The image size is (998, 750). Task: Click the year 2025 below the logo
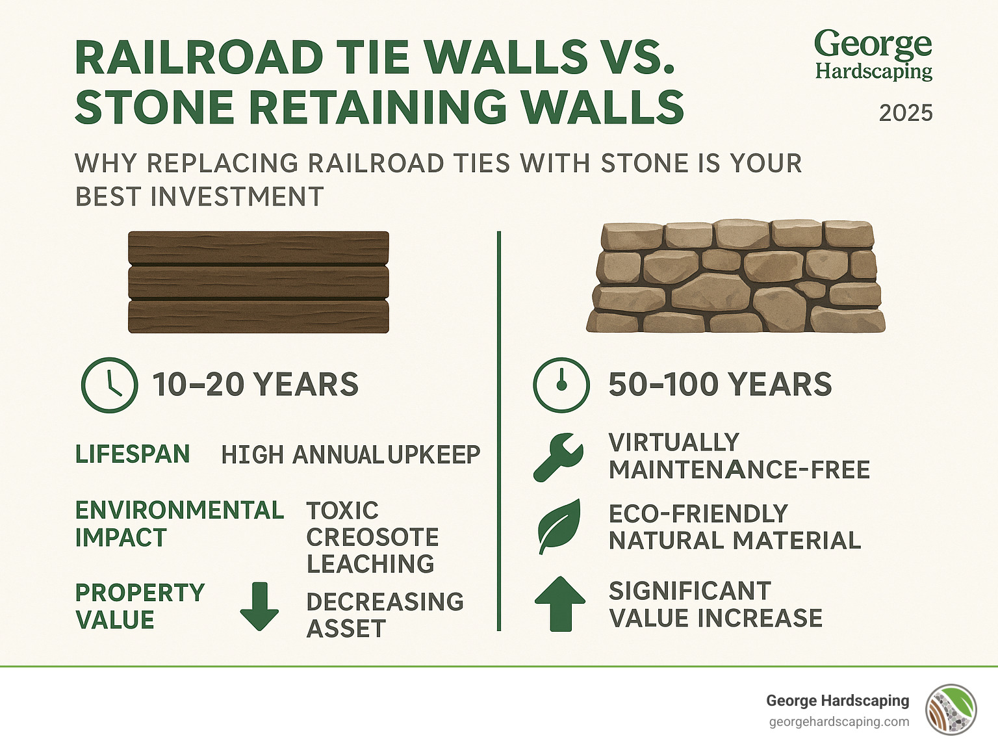click(906, 113)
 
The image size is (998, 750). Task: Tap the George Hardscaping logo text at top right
click(873, 56)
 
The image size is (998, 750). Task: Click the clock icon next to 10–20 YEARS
click(109, 385)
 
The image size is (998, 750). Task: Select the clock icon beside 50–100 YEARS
click(561, 385)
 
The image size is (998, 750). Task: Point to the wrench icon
click(557, 457)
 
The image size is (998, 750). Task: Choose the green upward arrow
click(559, 604)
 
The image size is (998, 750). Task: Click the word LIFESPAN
click(133, 454)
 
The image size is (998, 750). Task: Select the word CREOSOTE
click(372, 537)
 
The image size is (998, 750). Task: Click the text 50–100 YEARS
click(720, 385)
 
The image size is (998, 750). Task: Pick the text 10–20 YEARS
click(255, 385)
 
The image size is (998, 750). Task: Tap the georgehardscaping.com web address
click(839, 722)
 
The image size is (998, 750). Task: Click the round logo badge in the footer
click(951, 710)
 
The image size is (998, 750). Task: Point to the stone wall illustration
click(736, 278)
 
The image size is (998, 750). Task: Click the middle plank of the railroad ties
click(259, 283)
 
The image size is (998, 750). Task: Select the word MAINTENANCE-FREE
click(739, 470)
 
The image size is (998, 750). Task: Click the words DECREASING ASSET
click(385, 615)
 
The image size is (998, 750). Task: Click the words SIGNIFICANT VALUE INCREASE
click(715, 604)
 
